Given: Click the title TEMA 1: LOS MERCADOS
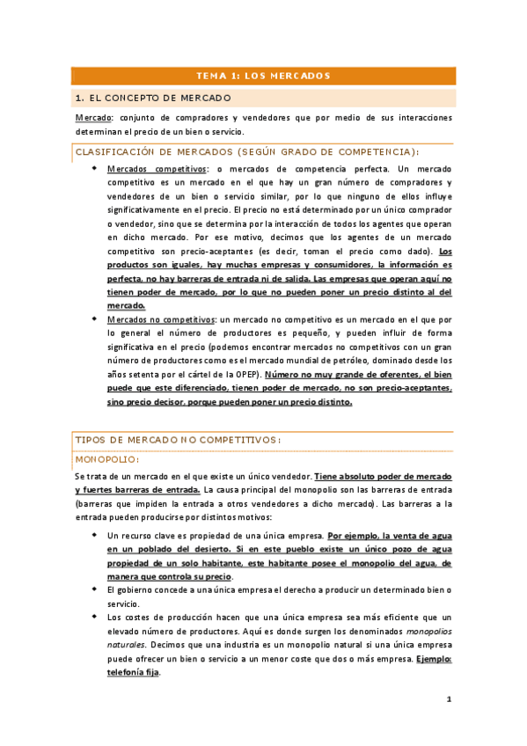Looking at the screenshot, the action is pos(263,76).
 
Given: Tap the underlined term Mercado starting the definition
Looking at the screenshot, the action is pos(92,118).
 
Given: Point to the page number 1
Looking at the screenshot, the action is pos(448,700).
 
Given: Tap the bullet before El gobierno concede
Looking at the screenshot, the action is pos(95,589).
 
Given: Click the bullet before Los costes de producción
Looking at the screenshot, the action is pos(95,618).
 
